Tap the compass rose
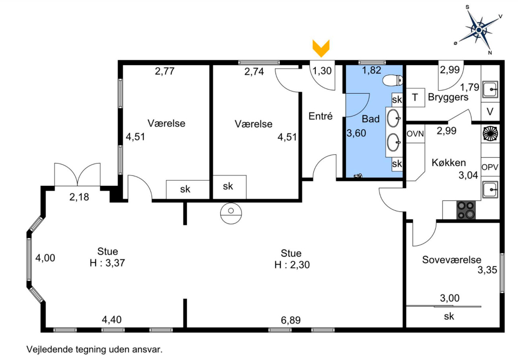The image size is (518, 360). pyautogui.click(x=479, y=30)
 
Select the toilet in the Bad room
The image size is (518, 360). pyautogui.click(x=393, y=81)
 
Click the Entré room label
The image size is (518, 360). pyautogui.click(x=321, y=116)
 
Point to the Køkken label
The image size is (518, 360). pyautogui.click(x=449, y=163)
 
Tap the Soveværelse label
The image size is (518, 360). pyautogui.click(x=452, y=260)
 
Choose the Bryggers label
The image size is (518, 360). pyautogui.click(x=448, y=97)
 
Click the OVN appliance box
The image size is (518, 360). pyautogui.click(x=415, y=134)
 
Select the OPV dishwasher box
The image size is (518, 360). pyautogui.click(x=490, y=167)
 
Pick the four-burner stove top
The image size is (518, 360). pyautogui.click(x=466, y=210)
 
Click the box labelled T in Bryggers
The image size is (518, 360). pyautogui.click(x=416, y=97)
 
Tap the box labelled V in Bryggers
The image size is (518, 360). pyautogui.click(x=490, y=112)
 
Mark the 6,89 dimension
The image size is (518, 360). pyautogui.click(x=291, y=320)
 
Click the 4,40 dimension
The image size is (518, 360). pyautogui.click(x=112, y=319)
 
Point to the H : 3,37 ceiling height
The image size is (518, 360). pyautogui.click(x=107, y=263)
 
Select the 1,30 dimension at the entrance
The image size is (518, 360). pyautogui.click(x=322, y=71)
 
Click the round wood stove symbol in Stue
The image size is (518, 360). pyautogui.click(x=231, y=214)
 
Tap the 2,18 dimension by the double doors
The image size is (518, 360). pyautogui.click(x=79, y=197)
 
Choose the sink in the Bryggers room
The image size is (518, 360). pyautogui.click(x=490, y=90)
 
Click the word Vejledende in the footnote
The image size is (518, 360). pyautogui.click(x=50, y=349)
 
